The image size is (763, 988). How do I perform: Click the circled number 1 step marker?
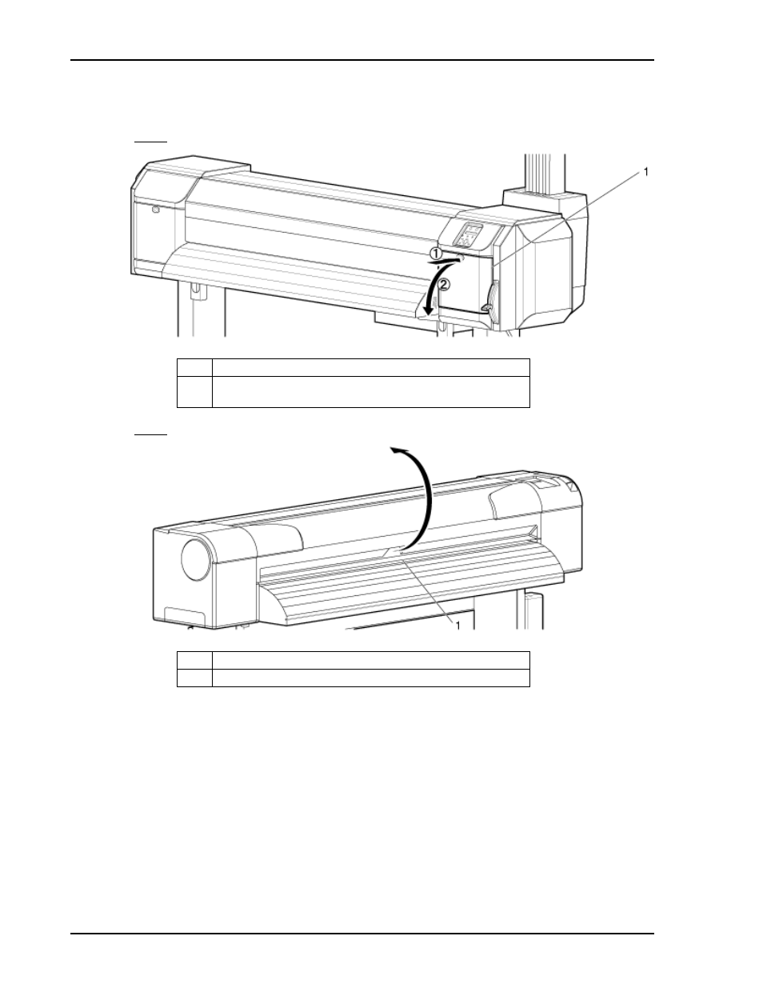point(436,254)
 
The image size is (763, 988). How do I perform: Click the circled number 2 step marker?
point(444,285)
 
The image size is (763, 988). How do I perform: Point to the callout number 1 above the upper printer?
point(645,172)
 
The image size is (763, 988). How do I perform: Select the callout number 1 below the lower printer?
point(457,626)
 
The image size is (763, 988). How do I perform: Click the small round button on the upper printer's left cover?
point(156,210)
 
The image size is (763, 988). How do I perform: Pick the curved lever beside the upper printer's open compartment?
point(492,297)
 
